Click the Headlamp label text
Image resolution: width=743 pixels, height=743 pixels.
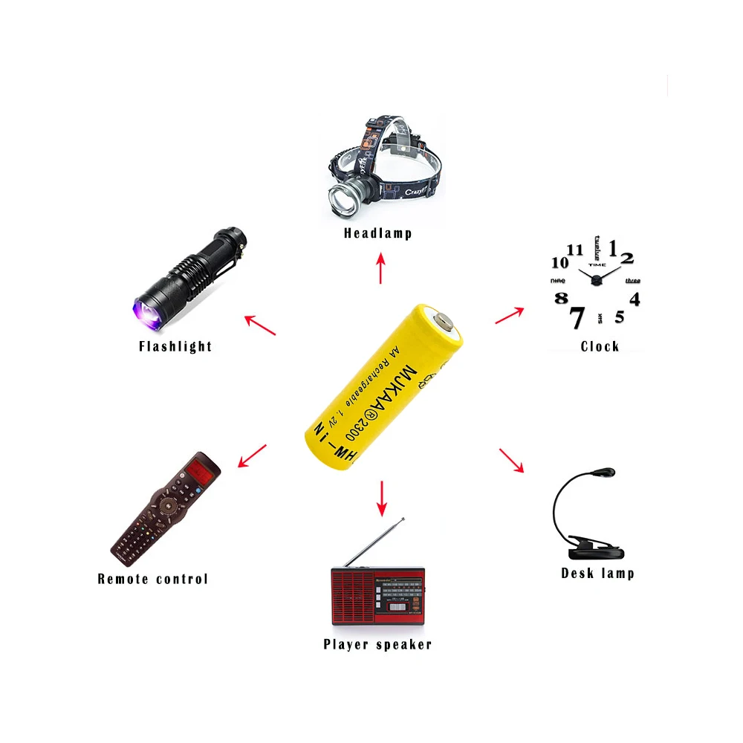(x=377, y=233)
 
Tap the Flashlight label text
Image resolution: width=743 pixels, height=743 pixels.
(x=175, y=346)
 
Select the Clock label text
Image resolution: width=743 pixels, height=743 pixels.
(x=600, y=346)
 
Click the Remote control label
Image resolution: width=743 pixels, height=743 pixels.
(x=153, y=579)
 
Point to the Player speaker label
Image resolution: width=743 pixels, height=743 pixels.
(x=377, y=644)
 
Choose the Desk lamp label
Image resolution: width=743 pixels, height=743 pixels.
(x=597, y=573)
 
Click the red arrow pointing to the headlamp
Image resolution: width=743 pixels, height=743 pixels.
(x=381, y=268)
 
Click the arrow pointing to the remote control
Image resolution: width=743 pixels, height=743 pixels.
(x=253, y=455)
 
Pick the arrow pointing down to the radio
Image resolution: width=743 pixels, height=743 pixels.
(x=382, y=498)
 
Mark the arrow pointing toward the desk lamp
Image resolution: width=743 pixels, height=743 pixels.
(x=511, y=460)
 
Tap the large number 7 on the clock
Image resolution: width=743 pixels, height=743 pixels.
(x=576, y=317)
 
